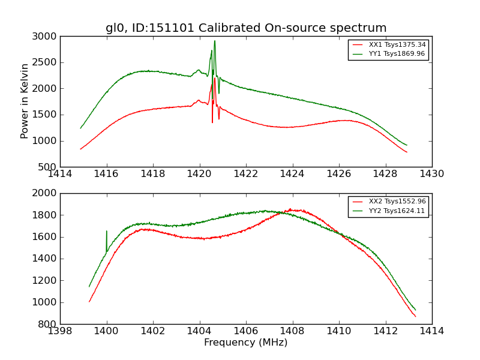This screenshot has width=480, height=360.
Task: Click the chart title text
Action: click(x=246, y=28)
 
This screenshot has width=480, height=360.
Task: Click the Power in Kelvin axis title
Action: click(x=25, y=101)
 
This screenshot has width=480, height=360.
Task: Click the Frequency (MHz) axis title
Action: click(x=246, y=343)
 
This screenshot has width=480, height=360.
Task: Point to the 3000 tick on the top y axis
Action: click(x=46, y=37)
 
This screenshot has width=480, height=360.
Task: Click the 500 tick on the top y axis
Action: click(x=49, y=167)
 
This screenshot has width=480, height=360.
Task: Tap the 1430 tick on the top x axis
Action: click(x=432, y=174)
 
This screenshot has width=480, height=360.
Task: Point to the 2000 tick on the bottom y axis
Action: click(x=46, y=193)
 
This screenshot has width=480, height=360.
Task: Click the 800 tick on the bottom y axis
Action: click(x=49, y=325)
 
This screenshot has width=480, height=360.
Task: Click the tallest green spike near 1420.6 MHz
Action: click(x=215, y=41)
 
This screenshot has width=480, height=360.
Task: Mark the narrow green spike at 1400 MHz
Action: click(x=107, y=231)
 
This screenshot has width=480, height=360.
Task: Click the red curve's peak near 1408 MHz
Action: click(x=290, y=209)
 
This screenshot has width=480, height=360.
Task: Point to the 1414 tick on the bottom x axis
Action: click(x=432, y=331)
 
